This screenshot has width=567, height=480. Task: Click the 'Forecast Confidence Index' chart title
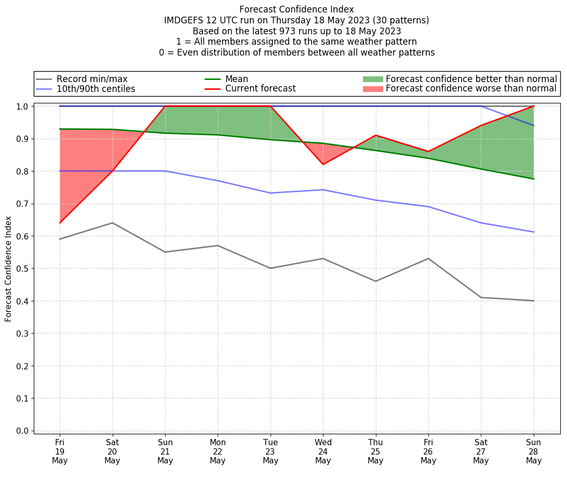pos(296,9)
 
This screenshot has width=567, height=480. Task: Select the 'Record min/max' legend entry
pos(92,79)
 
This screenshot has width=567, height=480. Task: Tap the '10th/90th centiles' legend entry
pos(96,89)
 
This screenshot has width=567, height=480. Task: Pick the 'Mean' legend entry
pos(236,79)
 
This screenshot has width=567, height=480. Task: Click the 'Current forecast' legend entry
pos(260,89)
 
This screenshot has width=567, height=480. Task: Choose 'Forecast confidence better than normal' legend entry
pos(471,79)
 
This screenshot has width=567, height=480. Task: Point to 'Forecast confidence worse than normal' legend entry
pos(471,89)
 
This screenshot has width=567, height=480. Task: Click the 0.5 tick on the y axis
pos(23,269)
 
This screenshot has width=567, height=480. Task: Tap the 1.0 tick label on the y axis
pos(23,106)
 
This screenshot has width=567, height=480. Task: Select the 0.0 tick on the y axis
pos(23,431)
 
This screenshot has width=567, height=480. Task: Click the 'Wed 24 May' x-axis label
pos(323,451)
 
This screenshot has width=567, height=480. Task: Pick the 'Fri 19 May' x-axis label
pos(60,451)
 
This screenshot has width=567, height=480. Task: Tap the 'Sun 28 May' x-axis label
pos(534,451)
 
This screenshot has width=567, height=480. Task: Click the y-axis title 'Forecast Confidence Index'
pos(9,269)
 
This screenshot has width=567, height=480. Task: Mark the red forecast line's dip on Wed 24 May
pos(323,165)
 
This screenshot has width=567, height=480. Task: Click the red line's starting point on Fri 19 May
pos(60,223)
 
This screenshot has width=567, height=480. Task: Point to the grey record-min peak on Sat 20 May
pos(112,223)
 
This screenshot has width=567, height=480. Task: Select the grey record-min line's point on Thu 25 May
pos(375,281)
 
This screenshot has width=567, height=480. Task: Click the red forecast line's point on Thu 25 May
pos(375,135)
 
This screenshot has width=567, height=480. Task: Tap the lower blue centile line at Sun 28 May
pos(534,232)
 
